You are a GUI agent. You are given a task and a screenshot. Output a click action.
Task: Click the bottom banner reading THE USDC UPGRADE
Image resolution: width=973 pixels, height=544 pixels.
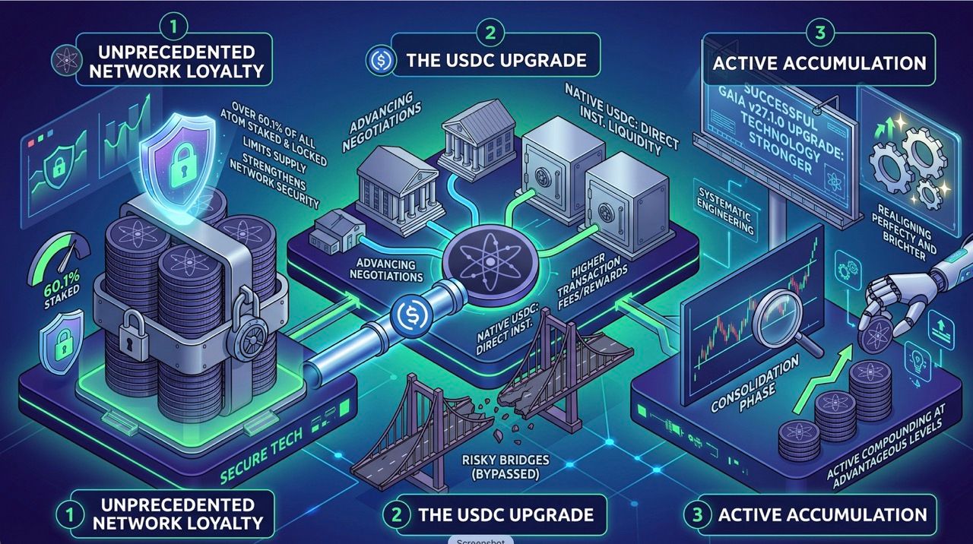(494, 514)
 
